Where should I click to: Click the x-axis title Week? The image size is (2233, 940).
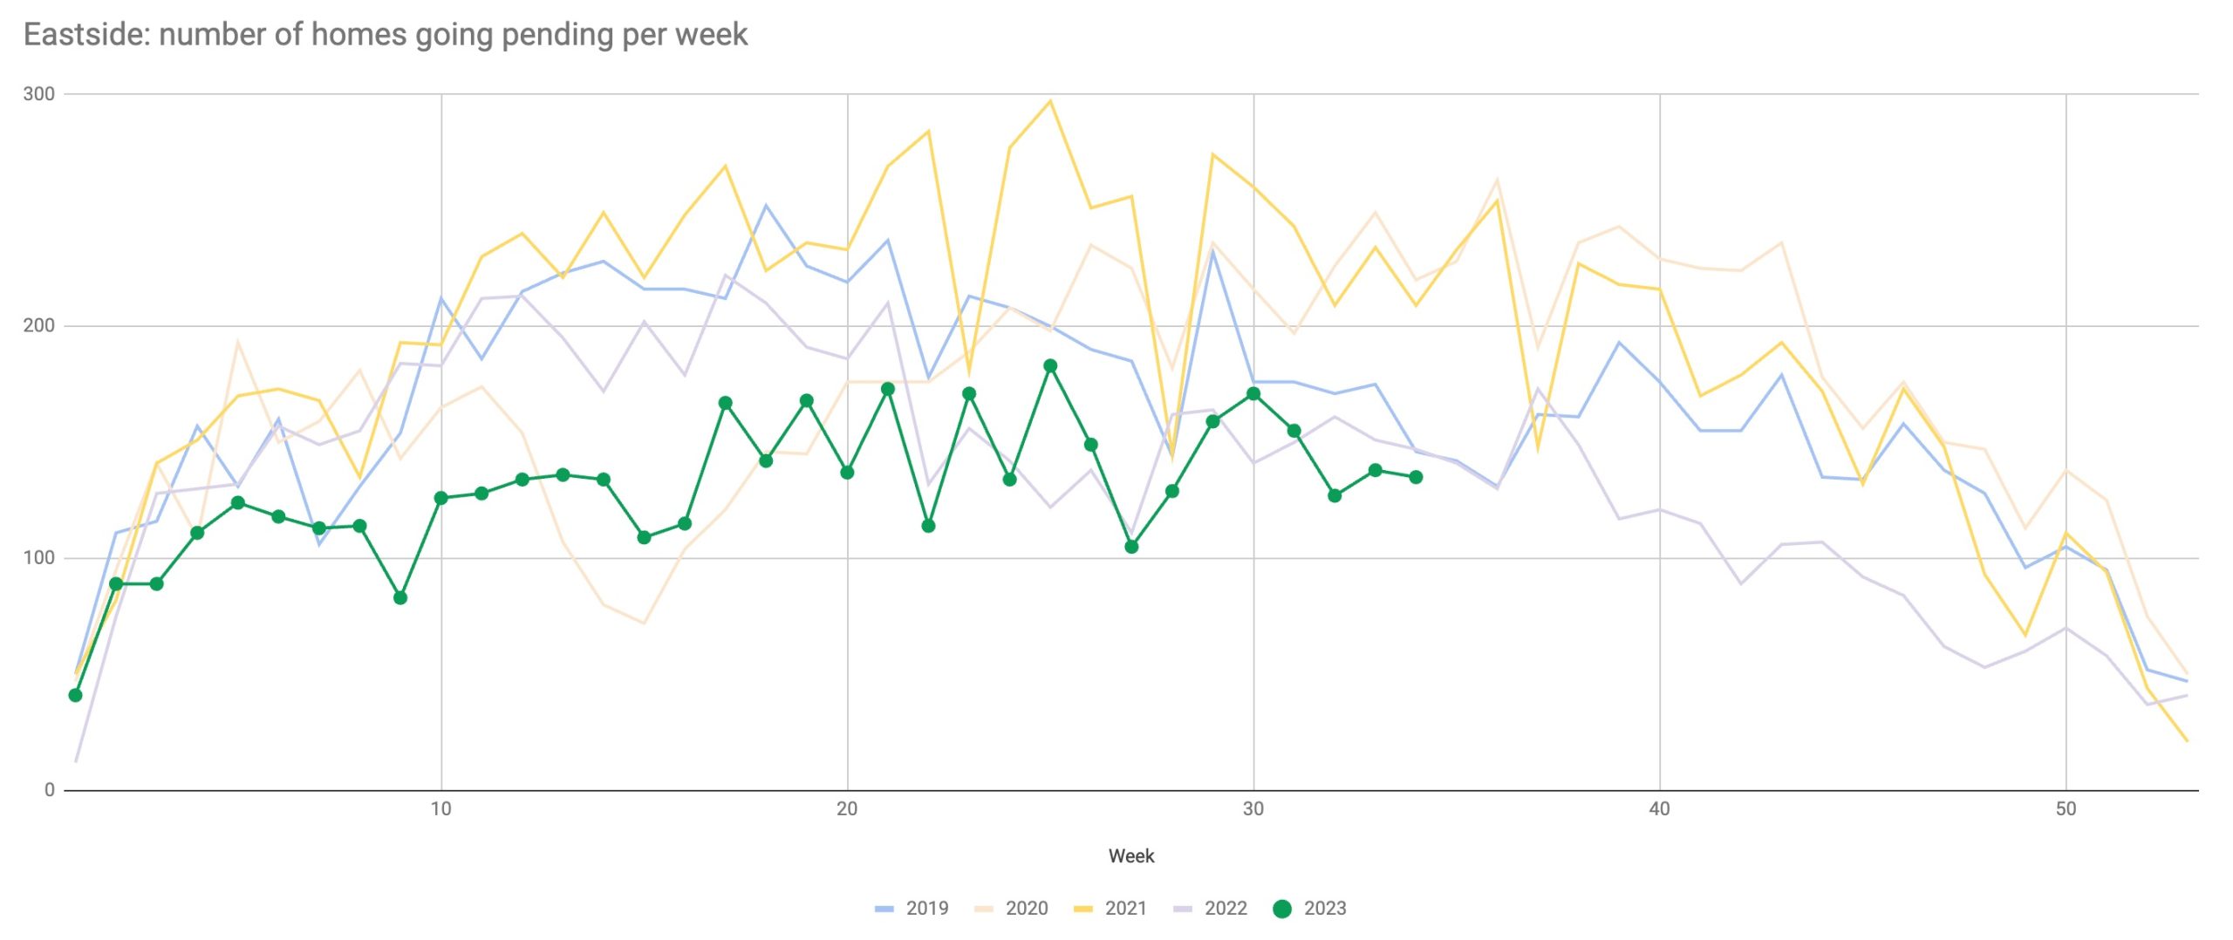pyautogui.click(x=1130, y=856)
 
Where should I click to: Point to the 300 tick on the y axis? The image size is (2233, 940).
pyautogui.click(x=38, y=94)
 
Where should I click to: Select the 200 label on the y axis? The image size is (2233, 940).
pyautogui.click(x=38, y=326)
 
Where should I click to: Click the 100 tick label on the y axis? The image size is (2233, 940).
pyautogui.click(x=38, y=558)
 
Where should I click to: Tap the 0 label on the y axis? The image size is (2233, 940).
pyautogui.click(x=49, y=790)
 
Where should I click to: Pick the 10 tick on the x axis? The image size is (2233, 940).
pyautogui.click(x=440, y=809)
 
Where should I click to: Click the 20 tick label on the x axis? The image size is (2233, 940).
pyautogui.click(x=846, y=809)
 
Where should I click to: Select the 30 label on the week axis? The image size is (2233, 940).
pyautogui.click(x=1253, y=809)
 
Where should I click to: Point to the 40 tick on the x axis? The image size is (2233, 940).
pyautogui.click(x=1659, y=809)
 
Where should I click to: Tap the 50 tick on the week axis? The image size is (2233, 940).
pyautogui.click(x=2065, y=809)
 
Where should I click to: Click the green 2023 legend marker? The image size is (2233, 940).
pyautogui.click(x=1281, y=909)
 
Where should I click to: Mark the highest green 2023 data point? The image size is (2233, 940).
pyautogui.click(x=1050, y=366)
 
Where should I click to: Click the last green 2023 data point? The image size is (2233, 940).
pyautogui.click(x=1416, y=477)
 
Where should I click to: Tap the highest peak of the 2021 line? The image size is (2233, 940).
pyautogui.click(x=1050, y=101)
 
